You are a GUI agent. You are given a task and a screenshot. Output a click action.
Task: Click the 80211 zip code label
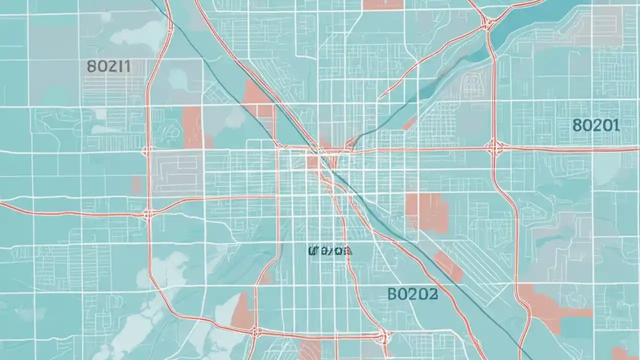(108, 66)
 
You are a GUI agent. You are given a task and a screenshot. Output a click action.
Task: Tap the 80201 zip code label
(596, 125)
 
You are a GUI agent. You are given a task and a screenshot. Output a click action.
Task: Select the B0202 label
(412, 294)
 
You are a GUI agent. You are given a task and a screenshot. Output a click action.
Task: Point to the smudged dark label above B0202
(330, 250)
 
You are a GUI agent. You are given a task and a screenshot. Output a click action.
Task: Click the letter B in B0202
(393, 294)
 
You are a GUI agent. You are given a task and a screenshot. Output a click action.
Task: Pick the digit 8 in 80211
(90, 66)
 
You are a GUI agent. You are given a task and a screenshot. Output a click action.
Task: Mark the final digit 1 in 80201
(616, 125)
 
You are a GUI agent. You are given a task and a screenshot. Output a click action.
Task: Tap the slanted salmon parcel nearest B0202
(448, 266)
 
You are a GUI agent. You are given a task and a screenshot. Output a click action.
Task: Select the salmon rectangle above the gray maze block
(192, 127)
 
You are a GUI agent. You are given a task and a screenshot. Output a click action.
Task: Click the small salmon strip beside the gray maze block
(136, 185)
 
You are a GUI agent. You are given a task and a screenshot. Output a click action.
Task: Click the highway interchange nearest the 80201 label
(495, 147)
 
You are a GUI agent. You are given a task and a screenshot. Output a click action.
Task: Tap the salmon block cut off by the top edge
(382, 4)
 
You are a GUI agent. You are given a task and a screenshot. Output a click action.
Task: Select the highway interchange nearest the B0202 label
(383, 335)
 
